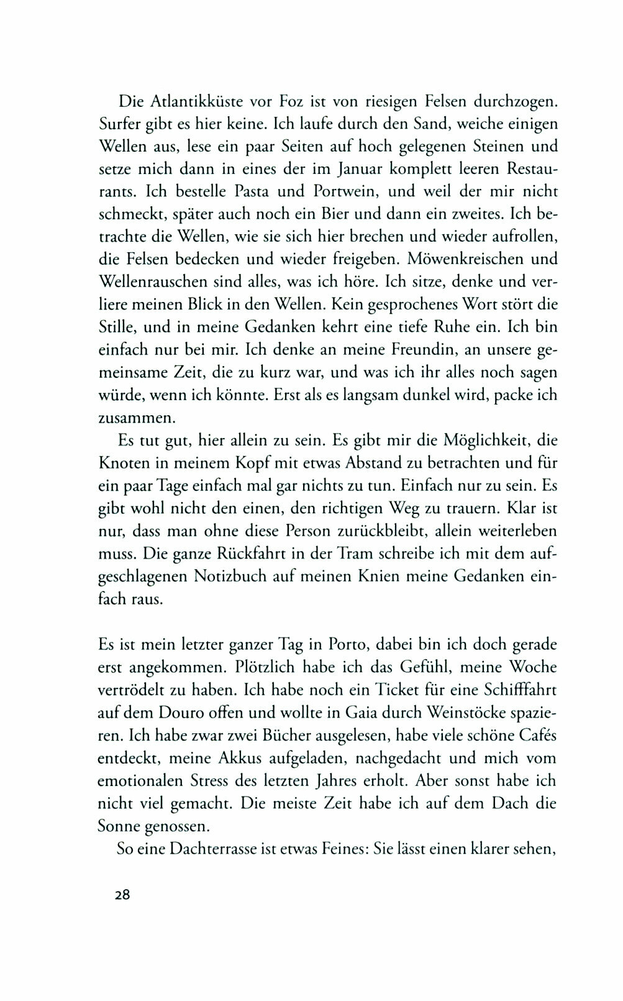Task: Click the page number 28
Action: tap(114, 895)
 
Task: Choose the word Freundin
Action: tap(403, 349)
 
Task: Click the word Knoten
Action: tap(122, 463)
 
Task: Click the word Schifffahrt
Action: tap(508, 690)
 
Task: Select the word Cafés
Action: tap(536, 735)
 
